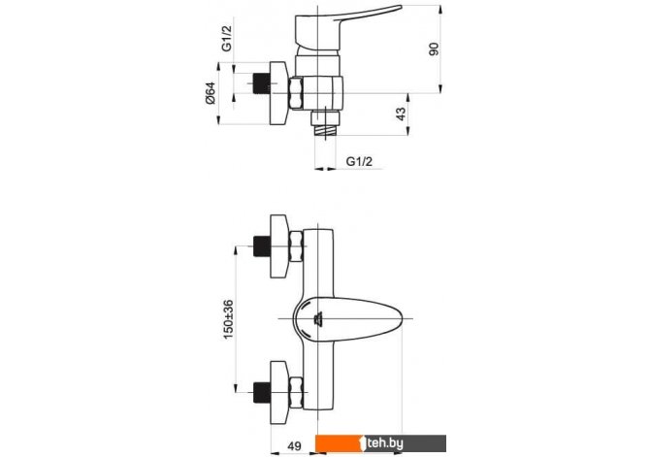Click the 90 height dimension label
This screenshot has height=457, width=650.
point(434,49)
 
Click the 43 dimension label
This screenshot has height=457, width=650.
point(401,114)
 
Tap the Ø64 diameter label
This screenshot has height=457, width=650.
point(211,93)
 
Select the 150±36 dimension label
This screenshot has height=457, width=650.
point(228,319)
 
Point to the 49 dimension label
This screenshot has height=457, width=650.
point(294,446)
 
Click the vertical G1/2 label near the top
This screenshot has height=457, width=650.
point(226,39)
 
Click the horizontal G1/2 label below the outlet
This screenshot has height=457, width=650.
point(359,161)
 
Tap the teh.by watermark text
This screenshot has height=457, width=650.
point(384,443)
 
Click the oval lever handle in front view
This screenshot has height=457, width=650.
point(347,319)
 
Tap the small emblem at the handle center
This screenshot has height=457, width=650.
point(318,319)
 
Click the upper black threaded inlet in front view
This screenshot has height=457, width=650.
point(261,246)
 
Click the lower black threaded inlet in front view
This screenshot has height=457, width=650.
point(261,392)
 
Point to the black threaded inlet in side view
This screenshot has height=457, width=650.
point(261,83)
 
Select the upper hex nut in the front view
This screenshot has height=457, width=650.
point(297,246)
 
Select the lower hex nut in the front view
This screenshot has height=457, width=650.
point(297,392)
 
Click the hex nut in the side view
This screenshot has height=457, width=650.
point(297,93)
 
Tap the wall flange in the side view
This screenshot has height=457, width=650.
point(278,93)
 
